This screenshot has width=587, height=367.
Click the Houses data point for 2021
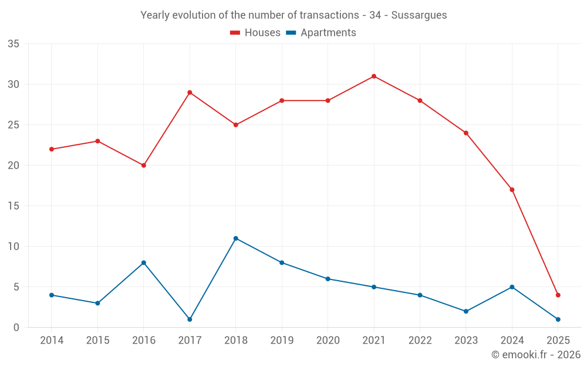tap(374, 76)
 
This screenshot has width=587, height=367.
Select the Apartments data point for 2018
tap(235, 238)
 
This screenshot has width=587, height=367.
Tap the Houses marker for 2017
tap(190, 92)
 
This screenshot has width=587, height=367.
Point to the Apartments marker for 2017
tap(190, 319)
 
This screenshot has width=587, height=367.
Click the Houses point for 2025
tap(558, 295)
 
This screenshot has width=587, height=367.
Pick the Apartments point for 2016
tap(143, 262)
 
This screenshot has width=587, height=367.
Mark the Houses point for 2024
tap(512, 190)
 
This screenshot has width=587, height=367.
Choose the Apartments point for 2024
tap(512, 287)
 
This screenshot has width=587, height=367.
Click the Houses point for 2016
tap(143, 165)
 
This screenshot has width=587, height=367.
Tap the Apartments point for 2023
tap(466, 311)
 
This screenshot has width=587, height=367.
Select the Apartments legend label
tap(328, 33)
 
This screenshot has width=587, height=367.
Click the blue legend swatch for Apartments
tap(291, 33)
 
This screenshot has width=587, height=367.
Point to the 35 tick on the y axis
tap(14, 44)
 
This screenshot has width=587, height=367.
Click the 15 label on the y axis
tap(14, 206)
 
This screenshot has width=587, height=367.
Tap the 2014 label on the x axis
tap(51, 341)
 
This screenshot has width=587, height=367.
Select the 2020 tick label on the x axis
tap(328, 341)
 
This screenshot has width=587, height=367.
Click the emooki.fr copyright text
tap(536, 355)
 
